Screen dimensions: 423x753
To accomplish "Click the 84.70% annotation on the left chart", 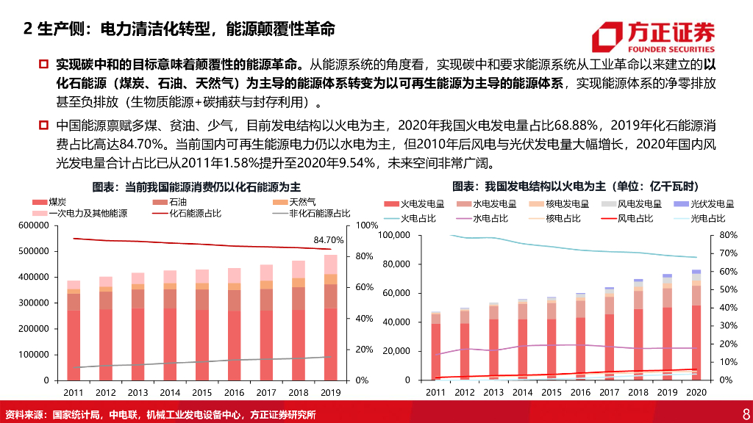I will click(x=329, y=240).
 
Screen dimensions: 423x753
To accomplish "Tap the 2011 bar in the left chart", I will click(x=74, y=330).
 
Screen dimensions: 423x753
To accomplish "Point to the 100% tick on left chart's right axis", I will click(x=365, y=225).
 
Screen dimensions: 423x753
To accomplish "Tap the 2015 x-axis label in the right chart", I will click(x=552, y=393).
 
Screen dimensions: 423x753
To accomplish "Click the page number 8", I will click(x=745, y=414).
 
